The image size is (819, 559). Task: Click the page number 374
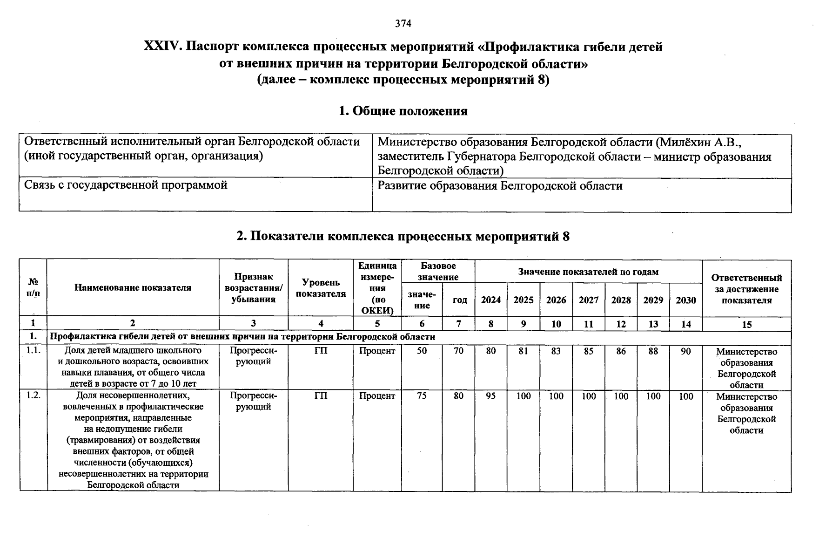coord(403,23)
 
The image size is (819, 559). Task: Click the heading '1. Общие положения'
coord(403,111)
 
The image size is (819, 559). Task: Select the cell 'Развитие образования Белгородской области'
coord(500,186)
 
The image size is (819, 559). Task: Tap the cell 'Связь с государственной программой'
coord(126,185)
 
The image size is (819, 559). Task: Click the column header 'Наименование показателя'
coord(133,288)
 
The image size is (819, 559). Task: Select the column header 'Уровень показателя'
coord(321,288)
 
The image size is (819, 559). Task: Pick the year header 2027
coord(589,300)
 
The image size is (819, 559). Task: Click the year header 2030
coord(686,300)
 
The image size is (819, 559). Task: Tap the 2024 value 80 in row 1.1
coord(491,351)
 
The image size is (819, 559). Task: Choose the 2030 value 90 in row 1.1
coord(686,351)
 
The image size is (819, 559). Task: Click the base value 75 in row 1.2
coord(422,396)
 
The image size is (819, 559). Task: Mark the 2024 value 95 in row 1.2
coord(491,396)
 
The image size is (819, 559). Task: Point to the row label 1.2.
coord(34,395)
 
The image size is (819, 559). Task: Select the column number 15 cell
coord(746,325)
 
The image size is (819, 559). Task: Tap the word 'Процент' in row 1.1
coord(377,351)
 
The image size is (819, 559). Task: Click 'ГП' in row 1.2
coord(321,396)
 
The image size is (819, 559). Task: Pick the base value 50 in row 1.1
coord(422,351)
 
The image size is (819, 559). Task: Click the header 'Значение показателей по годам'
coord(588,272)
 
